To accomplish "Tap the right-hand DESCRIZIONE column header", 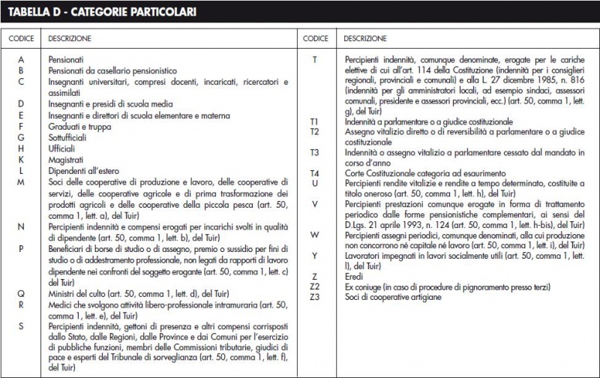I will (x=365, y=37).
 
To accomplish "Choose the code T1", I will (x=315, y=121).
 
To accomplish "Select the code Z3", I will (x=315, y=297).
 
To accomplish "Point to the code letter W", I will (x=315, y=235).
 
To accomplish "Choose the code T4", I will (x=315, y=173).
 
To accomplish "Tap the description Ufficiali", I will (x=62, y=148).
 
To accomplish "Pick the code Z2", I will (x=315, y=286).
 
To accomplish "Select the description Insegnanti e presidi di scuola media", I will (x=110, y=103).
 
